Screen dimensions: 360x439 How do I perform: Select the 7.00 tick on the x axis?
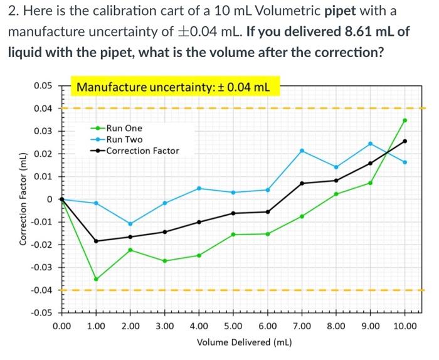pyautogui.click(x=302, y=326)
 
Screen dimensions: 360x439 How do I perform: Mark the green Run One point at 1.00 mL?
pyautogui.click(x=96, y=279)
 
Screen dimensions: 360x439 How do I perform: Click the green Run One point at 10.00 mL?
pyautogui.click(x=405, y=120)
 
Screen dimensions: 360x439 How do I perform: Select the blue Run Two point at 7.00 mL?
pyautogui.click(x=302, y=151)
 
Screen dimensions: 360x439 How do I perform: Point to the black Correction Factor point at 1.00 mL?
pyautogui.click(x=96, y=241)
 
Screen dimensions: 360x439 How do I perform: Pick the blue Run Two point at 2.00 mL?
pyautogui.click(x=130, y=223)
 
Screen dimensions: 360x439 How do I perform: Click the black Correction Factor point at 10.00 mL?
pyautogui.click(x=405, y=140)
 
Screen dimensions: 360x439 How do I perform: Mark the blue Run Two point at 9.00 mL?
pyautogui.click(x=370, y=144)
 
